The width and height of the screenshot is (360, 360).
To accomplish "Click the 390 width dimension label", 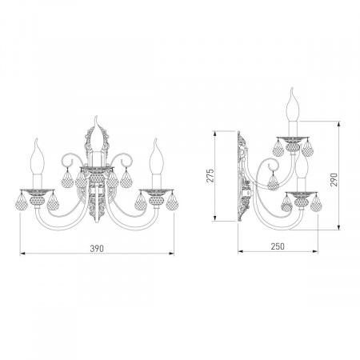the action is point(97,249).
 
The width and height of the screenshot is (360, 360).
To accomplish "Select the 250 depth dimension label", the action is point(278,246).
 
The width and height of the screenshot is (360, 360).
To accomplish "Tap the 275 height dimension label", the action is point(210,175).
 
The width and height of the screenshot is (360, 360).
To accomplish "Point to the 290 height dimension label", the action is point(334,179).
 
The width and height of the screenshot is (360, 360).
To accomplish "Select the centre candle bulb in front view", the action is point(96,134).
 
